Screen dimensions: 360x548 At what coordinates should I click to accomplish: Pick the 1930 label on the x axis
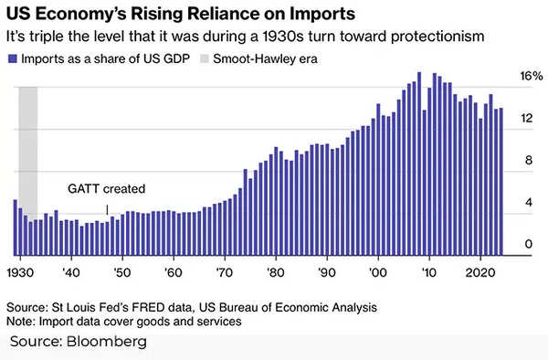tap(21, 272)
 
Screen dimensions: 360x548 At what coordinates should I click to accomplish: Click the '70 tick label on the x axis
tap(222, 272)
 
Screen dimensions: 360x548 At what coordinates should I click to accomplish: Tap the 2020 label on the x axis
tap(479, 272)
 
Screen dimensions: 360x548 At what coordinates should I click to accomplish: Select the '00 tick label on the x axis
tap(375, 272)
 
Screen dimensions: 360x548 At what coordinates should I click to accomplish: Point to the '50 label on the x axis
tap(120, 272)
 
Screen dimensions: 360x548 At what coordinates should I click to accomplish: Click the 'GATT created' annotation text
tap(107, 189)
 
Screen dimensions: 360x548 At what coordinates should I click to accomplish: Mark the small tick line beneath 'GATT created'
tap(108, 209)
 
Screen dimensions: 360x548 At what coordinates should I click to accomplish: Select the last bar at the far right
tap(500, 183)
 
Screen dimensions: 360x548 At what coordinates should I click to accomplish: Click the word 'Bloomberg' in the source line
tap(106, 342)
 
